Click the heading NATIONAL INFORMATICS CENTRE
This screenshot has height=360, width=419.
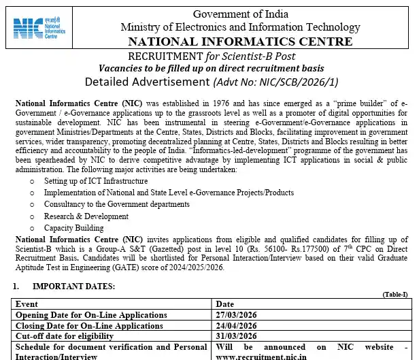(x=241, y=42)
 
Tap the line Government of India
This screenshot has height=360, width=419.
(x=241, y=14)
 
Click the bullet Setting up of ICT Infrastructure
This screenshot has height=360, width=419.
(x=96, y=181)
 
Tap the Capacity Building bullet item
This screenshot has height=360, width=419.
(x=74, y=228)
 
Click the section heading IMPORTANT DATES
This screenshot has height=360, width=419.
(x=74, y=287)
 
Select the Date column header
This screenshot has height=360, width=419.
(x=224, y=304)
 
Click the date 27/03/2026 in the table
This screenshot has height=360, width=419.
(x=236, y=314)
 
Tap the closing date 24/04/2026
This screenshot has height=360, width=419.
(x=236, y=325)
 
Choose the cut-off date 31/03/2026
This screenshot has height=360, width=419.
(x=236, y=336)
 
